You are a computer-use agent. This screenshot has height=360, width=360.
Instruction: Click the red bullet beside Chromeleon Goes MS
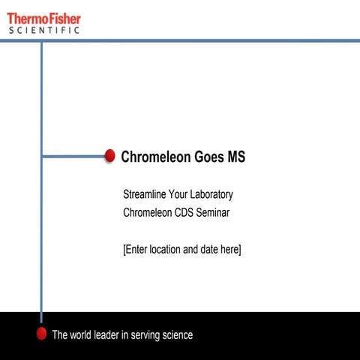tap(109, 156)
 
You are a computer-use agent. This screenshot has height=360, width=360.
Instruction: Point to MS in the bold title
tap(236, 157)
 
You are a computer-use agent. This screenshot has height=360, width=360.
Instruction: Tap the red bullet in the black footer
tap(42, 333)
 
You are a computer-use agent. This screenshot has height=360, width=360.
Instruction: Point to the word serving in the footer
tap(140, 335)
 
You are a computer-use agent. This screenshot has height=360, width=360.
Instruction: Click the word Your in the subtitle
tap(178, 194)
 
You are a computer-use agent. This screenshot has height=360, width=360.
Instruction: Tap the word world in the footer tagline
tap(84, 335)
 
